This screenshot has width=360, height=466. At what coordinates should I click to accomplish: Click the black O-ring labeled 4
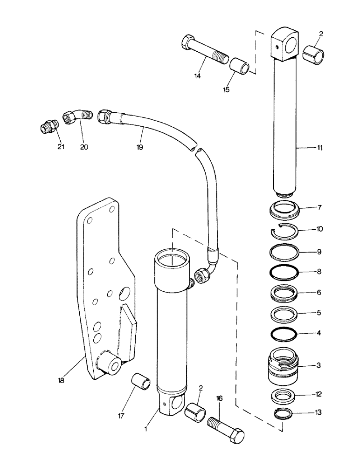pos(284,334)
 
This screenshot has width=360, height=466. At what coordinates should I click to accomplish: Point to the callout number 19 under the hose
pos(139,147)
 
